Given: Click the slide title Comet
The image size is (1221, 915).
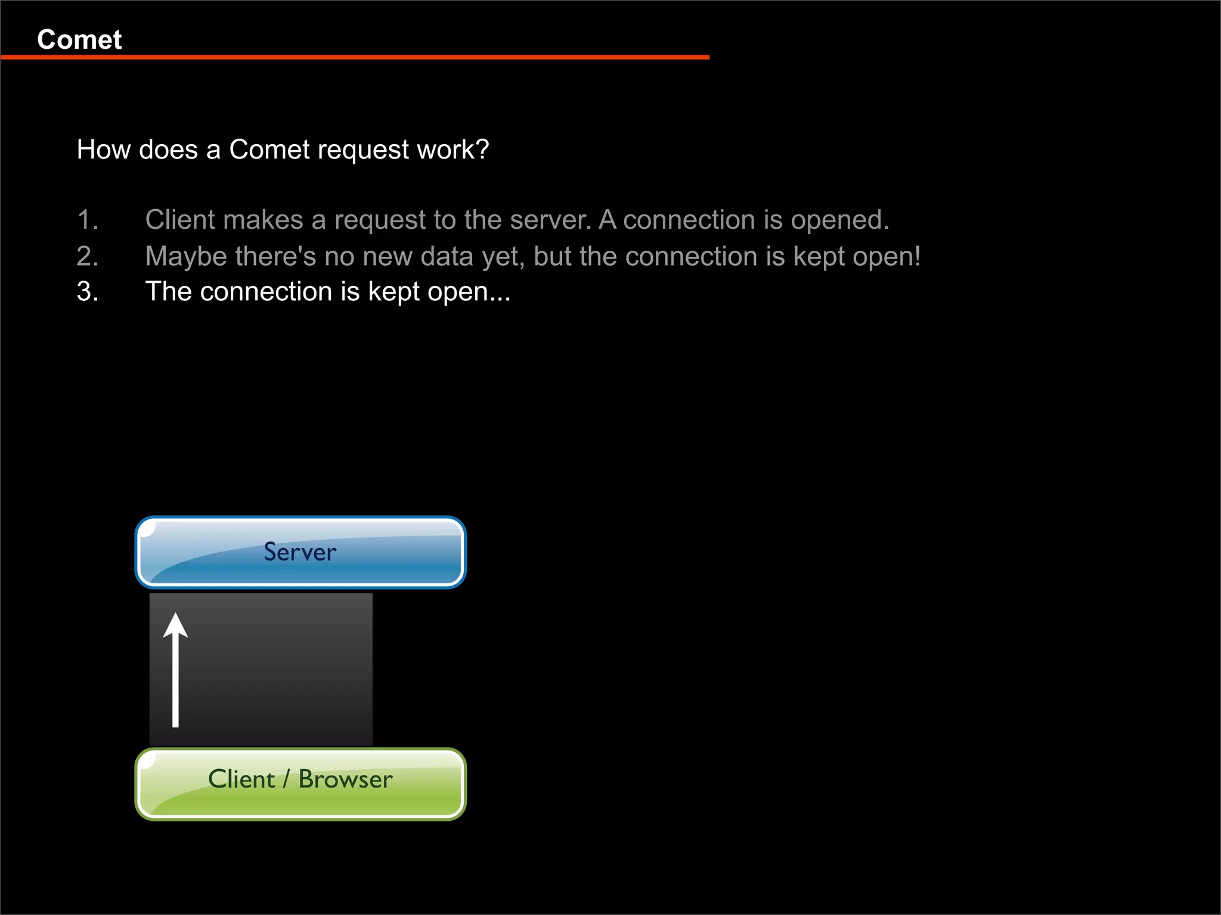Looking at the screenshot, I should [x=79, y=40].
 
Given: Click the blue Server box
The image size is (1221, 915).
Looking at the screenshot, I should [x=300, y=552].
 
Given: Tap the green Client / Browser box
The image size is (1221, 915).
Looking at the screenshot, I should [x=300, y=784].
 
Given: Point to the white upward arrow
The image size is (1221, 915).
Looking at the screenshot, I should [x=176, y=670].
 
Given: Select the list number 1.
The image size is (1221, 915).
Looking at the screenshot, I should [x=88, y=220].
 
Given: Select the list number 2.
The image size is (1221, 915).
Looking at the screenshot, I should [x=88, y=257].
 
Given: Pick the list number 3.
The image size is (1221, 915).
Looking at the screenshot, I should [x=88, y=292].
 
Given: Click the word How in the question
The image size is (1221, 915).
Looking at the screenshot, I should [x=104, y=150].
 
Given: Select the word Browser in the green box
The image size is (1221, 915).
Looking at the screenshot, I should [x=345, y=779].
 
